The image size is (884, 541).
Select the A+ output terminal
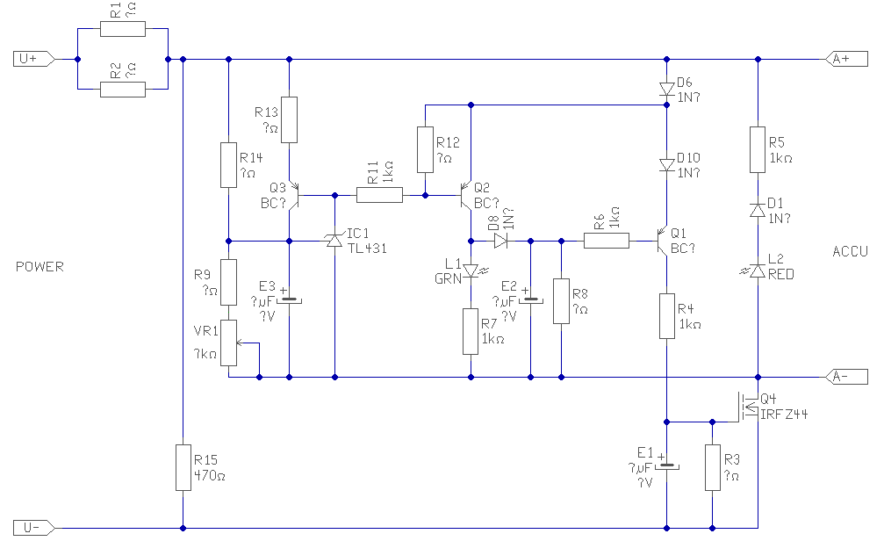845,60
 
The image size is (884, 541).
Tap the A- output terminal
845,378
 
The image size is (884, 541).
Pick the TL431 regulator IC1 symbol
334,239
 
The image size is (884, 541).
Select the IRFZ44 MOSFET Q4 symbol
749,407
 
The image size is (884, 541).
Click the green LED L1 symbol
471,271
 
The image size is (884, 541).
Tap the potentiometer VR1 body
228,343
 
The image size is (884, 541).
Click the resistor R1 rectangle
123,29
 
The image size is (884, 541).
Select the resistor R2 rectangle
123,90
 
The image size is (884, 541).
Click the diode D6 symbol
667,89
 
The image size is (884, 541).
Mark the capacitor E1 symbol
667,465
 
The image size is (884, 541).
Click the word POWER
40,266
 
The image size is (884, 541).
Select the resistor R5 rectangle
757,149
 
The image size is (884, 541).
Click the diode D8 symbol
502,239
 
